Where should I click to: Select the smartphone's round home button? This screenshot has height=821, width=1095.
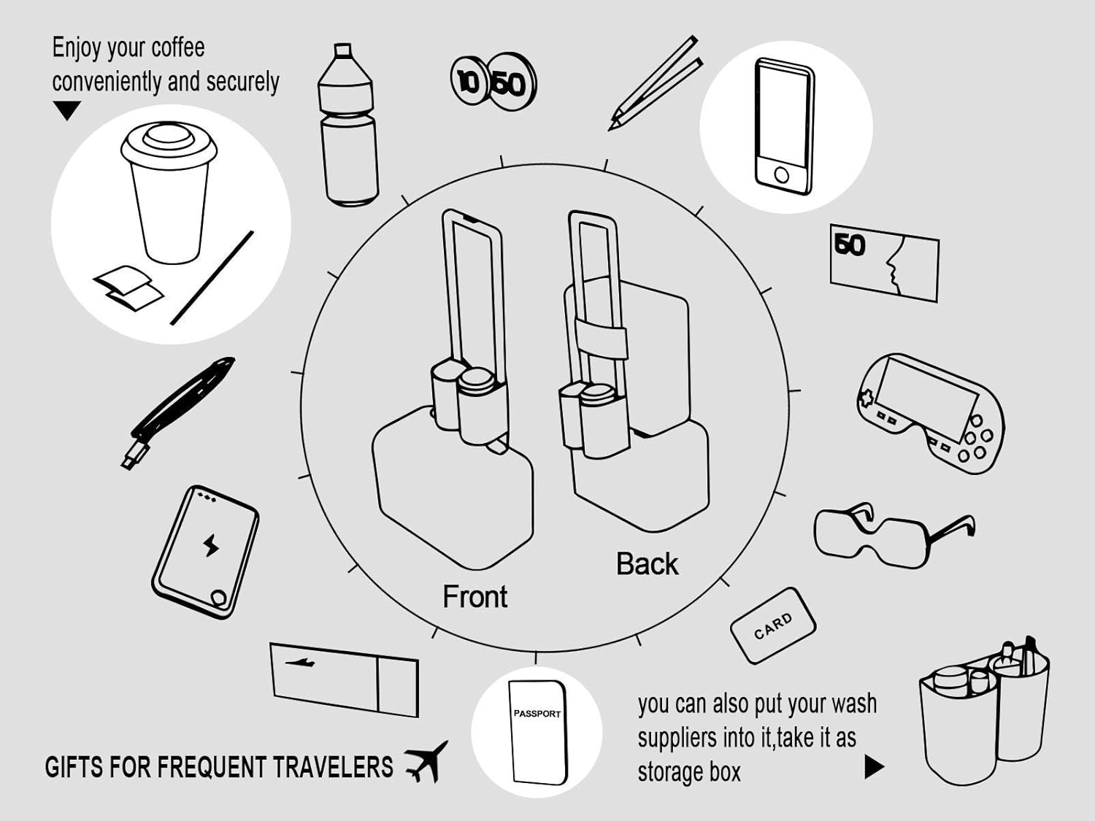click(x=781, y=175)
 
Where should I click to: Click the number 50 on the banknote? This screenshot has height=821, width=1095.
click(x=850, y=245)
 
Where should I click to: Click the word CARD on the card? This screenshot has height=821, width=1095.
click(x=773, y=625)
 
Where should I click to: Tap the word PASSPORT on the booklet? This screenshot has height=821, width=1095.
click(x=537, y=714)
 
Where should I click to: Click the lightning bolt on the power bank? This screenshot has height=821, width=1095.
click(x=210, y=545)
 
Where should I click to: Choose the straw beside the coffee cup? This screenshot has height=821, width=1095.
click(x=212, y=278)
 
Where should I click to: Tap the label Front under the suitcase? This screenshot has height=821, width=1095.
click(x=474, y=597)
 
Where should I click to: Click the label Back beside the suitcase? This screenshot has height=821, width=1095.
click(x=647, y=564)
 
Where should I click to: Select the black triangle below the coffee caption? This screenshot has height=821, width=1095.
click(x=67, y=110)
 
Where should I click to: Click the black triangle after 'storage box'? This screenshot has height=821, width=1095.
click(x=873, y=767)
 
